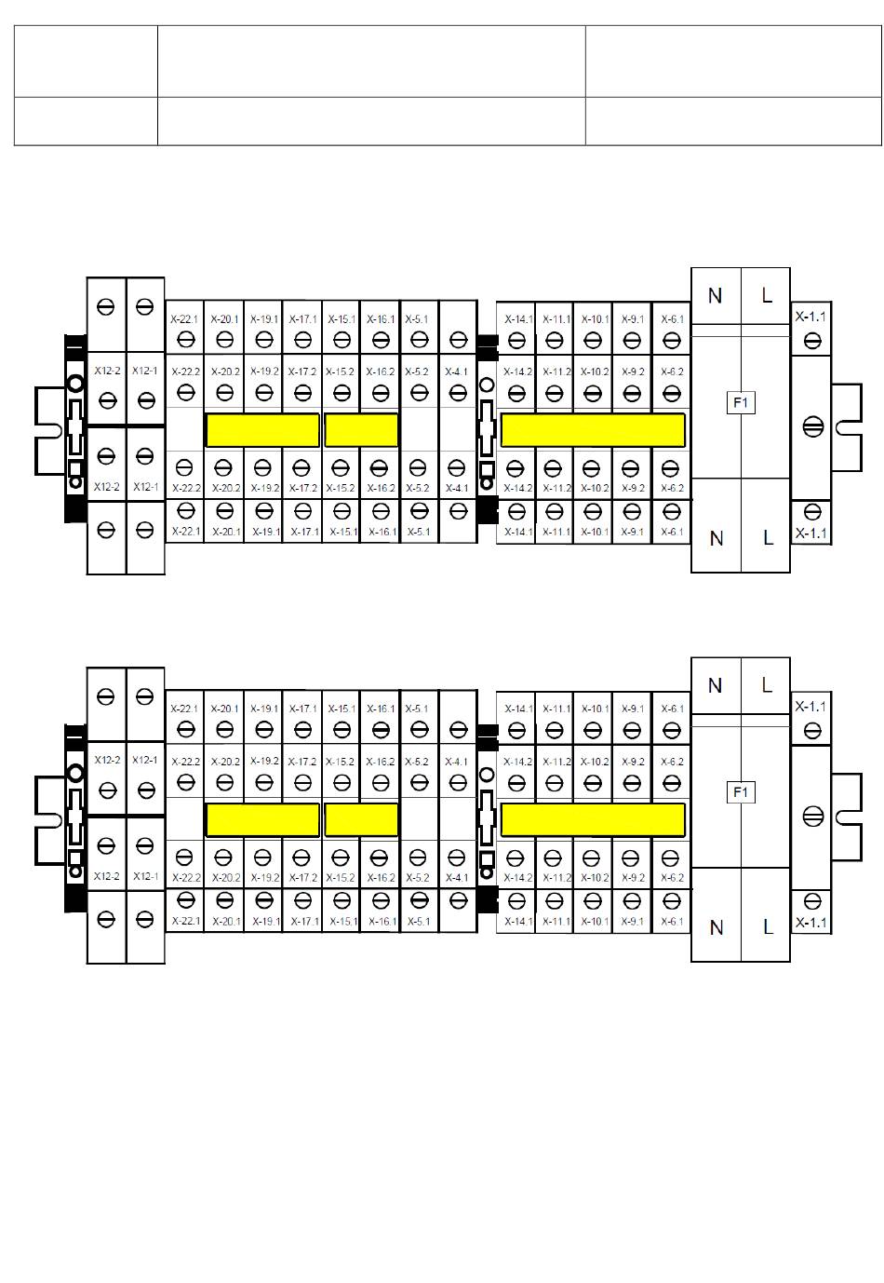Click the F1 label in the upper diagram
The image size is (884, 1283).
pyautogui.click(x=741, y=403)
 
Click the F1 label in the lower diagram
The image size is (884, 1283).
pyautogui.click(x=741, y=792)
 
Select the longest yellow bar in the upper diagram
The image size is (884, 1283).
pyautogui.click(x=593, y=430)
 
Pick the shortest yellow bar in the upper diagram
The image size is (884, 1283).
pyautogui.click(x=361, y=430)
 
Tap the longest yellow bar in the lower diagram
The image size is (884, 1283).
pyautogui.click(x=593, y=819)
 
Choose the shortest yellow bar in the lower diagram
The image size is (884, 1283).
pyautogui.click(x=361, y=819)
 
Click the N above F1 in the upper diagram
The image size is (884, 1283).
pyautogui.click(x=715, y=296)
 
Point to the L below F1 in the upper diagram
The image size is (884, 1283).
pyautogui.click(x=768, y=538)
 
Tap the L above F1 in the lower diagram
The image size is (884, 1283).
pyautogui.click(x=768, y=685)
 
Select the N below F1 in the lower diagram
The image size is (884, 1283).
pyautogui.click(x=716, y=927)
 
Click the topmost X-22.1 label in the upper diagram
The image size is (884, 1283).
pyautogui.click(x=184, y=319)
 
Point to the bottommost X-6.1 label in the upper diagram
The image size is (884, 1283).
pyautogui.click(x=672, y=533)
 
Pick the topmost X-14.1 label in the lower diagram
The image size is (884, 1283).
pyautogui.click(x=518, y=709)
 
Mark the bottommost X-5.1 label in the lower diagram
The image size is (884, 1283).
pyautogui.click(x=419, y=922)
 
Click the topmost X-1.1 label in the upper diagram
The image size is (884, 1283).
pyautogui.click(x=810, y=317)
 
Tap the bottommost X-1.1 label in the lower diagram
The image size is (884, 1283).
pyautogui.click(x=810, y=924)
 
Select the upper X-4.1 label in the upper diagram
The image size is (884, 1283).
pyautogui.click(x=456, y=371)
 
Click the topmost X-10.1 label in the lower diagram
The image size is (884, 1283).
pyautogui.click(x=594, y=709)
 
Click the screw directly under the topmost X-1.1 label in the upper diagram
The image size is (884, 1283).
pyautogui.click(x=812, y=340)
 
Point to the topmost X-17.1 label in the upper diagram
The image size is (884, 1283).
pyautogui.click(x=302, y=319)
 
